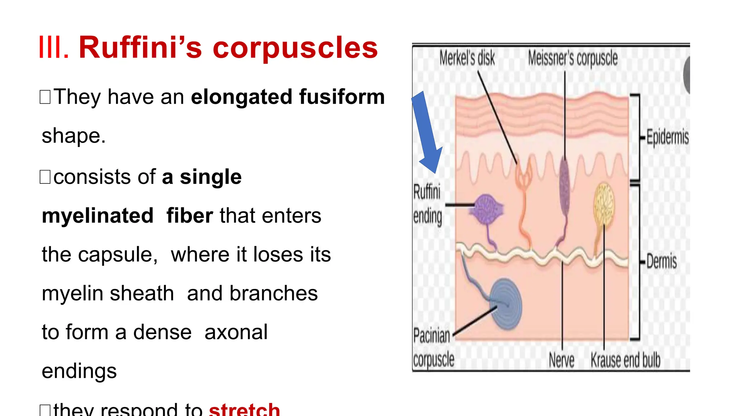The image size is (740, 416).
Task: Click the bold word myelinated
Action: [98, 216]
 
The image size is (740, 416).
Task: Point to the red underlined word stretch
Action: [244, 410]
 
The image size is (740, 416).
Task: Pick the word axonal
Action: [236, 332]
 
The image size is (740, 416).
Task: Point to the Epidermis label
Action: [667, 137]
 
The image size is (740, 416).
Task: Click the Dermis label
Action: [661, 261]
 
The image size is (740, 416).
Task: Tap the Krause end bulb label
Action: [625, 360]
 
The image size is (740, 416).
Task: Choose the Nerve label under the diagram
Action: [561, 360]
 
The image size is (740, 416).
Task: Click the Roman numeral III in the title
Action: [53, 47]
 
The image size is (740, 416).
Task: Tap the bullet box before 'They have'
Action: [45, 97]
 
